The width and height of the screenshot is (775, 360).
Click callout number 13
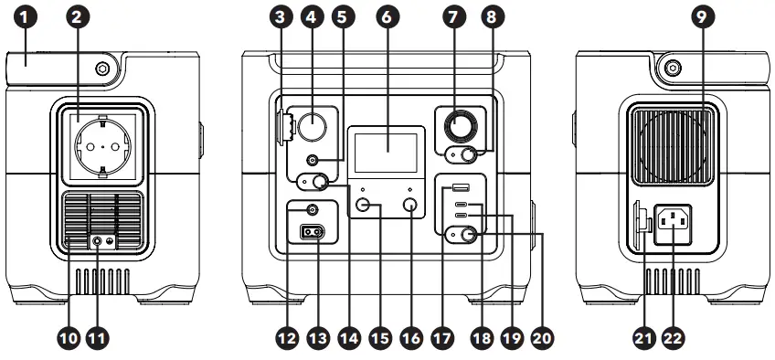point(318,337)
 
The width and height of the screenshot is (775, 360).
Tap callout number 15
point(380,337)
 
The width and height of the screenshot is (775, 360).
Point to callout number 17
point(442,337)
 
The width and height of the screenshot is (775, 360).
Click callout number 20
point(542,337)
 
